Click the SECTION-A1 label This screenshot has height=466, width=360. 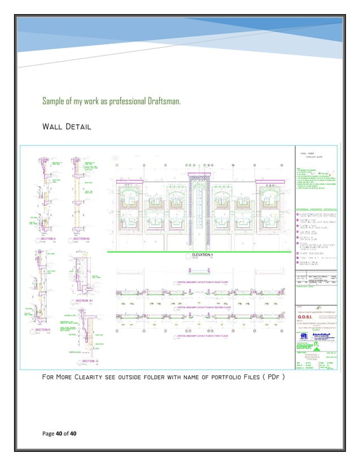pos(84,301)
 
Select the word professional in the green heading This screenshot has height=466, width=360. pos(112,102)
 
